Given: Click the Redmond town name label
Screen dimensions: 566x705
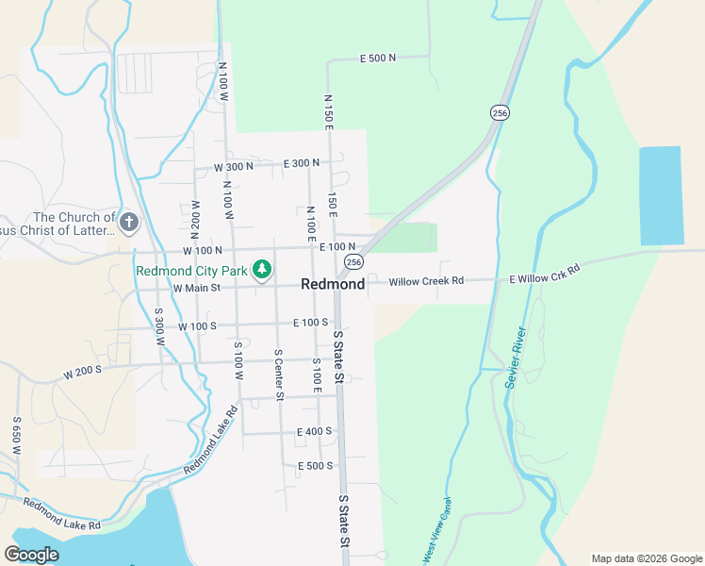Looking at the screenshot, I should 333,284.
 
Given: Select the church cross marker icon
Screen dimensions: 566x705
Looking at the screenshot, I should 129,224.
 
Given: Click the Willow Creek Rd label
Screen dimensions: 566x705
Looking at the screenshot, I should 426,281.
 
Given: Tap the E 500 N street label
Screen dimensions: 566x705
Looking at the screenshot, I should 377,58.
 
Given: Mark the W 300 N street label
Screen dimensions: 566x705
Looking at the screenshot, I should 234,167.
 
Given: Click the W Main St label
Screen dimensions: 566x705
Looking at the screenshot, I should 196,288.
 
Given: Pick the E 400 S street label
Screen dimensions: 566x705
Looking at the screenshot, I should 314,431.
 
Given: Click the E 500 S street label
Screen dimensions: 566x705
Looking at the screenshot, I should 315,466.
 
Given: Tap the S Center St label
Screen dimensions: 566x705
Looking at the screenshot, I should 279,375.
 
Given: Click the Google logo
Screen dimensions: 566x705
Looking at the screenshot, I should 32,555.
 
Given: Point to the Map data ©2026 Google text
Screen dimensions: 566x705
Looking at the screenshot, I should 646,558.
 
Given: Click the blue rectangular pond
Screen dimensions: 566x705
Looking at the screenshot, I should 660,196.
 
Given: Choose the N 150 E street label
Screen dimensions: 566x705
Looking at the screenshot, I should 328,111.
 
